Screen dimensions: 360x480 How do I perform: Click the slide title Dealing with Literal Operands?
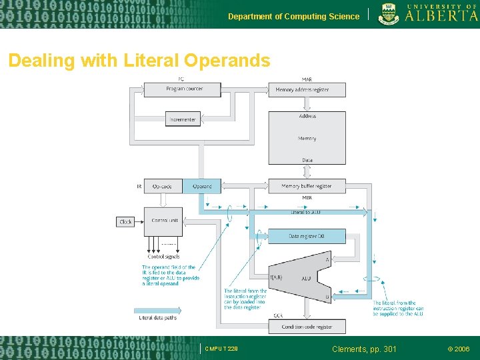pos(139,61)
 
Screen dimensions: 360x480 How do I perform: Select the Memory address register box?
pos(307,89)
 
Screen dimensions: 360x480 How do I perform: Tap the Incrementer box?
pos(183,119)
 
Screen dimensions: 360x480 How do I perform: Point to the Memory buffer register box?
pos(307,186)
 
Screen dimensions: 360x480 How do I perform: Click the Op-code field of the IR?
pos(163,186)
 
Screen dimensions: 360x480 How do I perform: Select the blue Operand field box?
pos(202,186)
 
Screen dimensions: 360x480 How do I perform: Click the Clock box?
pos(126,221)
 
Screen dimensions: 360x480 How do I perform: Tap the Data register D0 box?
pos(307,236)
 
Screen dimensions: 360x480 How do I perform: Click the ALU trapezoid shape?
pos(305,277)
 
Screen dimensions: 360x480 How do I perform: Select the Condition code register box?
pos(307,326)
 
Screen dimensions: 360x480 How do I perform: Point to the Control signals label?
pos(163,256)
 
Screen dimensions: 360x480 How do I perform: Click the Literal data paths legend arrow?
pos(157,310)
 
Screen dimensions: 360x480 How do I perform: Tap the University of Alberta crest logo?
pos(387,13)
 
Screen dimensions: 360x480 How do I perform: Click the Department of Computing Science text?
pos(293,16)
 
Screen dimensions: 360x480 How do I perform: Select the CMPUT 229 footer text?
pos(221,349)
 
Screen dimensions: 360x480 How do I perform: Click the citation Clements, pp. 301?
pos(364,349)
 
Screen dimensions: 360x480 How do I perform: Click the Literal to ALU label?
pos(305,212)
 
